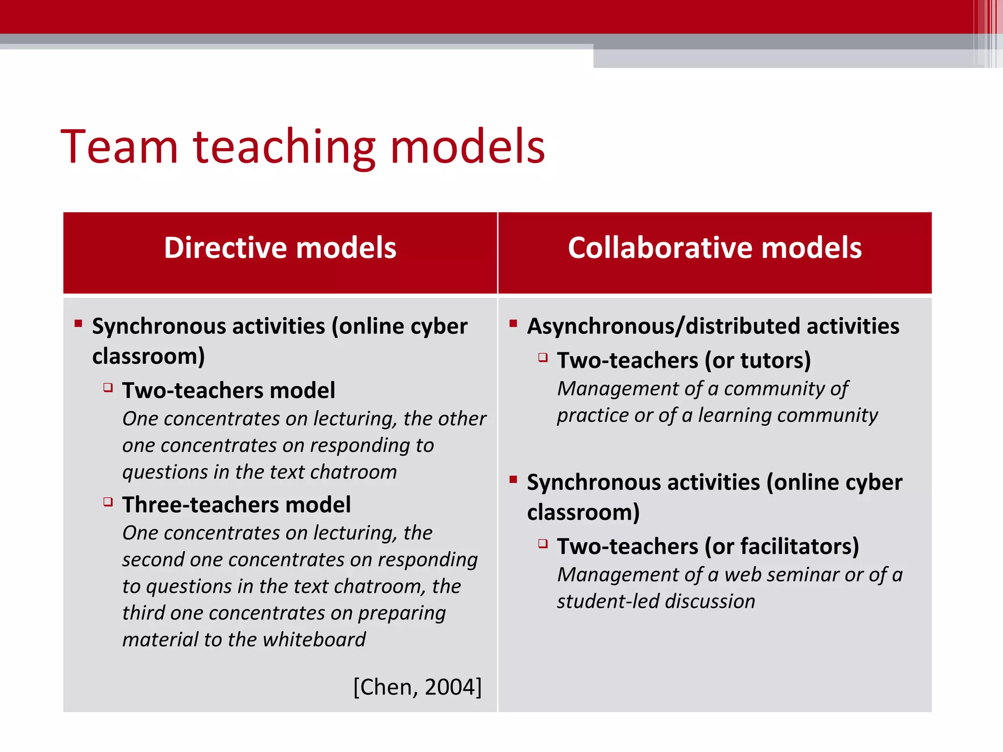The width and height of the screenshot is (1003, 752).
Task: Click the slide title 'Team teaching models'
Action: [303, 146]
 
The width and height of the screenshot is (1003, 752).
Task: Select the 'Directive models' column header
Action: [280, 248]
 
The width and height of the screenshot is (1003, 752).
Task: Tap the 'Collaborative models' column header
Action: [715, 248]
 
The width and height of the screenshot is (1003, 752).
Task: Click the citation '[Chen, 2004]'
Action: [417, 687]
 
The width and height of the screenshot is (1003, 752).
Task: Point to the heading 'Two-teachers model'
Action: [228, 391]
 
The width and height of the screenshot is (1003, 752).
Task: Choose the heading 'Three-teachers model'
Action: [236, 505]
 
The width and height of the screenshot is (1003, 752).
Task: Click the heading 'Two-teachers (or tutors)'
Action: [684, 360]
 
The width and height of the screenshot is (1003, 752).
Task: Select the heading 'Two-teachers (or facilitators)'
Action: [708, 546]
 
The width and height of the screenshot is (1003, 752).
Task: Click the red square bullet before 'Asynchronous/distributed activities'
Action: [513, 323]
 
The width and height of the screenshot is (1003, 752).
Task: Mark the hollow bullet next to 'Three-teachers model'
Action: [108, 502]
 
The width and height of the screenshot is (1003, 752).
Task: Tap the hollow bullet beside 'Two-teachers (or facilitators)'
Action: [543, 543]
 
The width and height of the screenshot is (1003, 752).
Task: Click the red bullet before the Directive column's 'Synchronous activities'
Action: [78, 323]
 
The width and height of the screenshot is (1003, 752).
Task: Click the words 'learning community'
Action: [788, 416]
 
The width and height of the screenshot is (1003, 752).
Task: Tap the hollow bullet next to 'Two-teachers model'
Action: [108, 388]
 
